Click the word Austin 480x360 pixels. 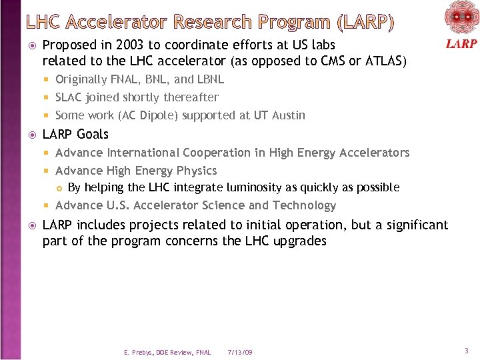pos(287,115)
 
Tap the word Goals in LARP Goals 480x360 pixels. pos(93,134)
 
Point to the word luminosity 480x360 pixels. pos(247,187)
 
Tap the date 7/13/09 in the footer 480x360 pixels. pos(240,351)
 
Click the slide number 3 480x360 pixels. pos(467,351)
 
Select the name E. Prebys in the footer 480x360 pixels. pos(139,351)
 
